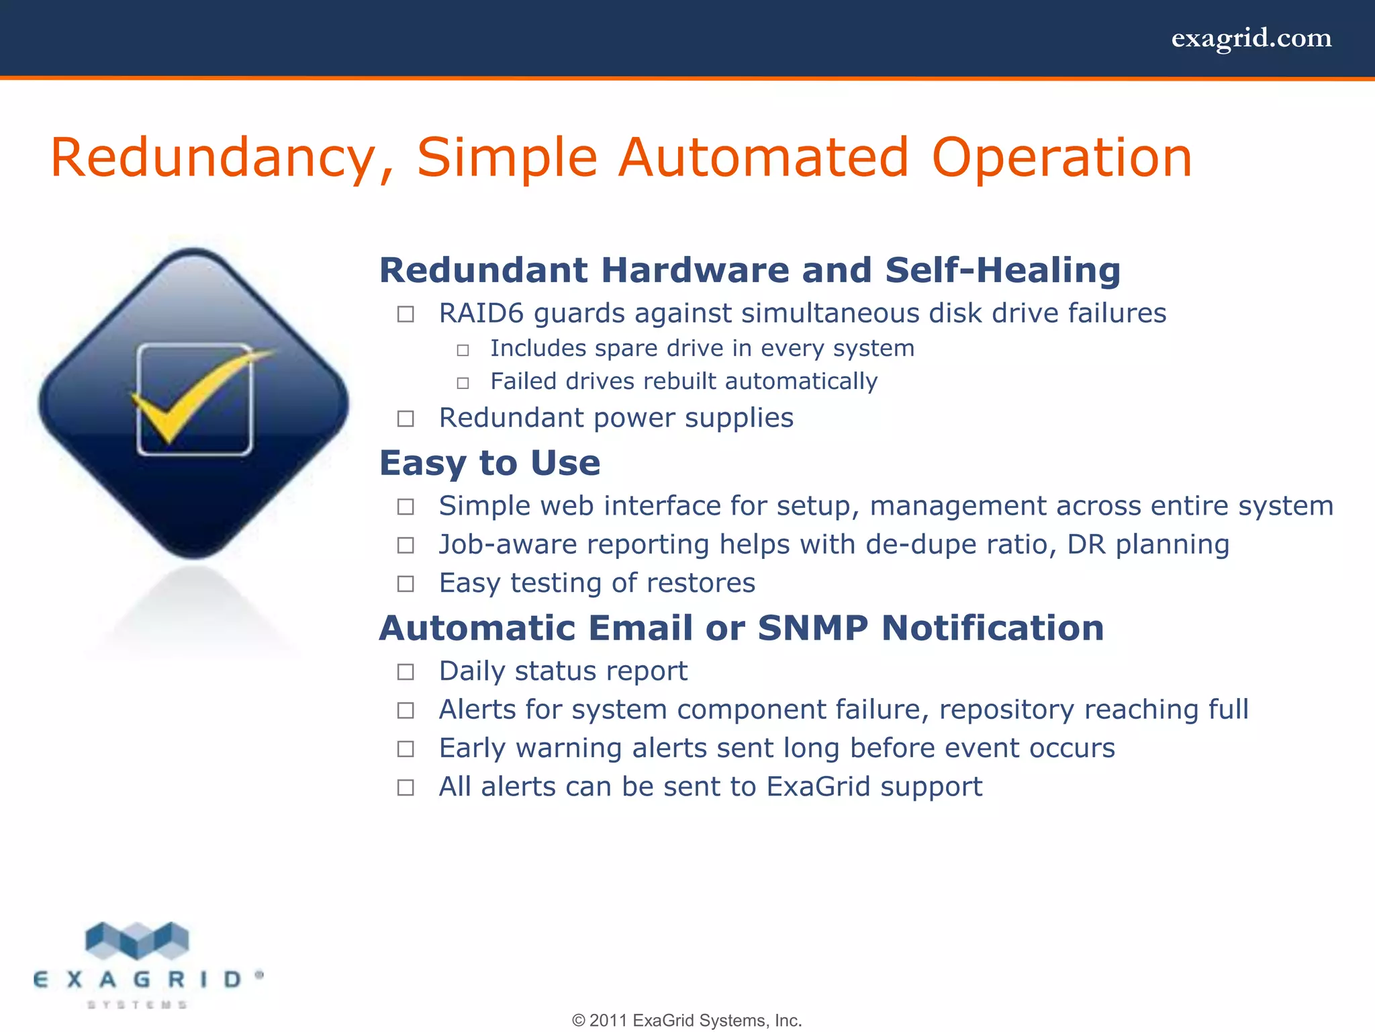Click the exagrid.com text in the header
(x=1251, y=38)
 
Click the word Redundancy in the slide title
(x=214, y=159)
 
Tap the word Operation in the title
(x=1061, y=159)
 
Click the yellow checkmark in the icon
(x=195, y=396)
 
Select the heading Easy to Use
(x=489, y=463)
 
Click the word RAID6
(x=481, y=314)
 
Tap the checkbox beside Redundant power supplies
(x=406, y=419)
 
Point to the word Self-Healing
(x=1002, y=270)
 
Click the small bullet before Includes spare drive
(x=463, y=351)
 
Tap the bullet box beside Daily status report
(x=406, y=672)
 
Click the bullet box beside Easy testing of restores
(x=406, y=584)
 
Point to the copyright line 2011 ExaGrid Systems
(x=687, y=1021)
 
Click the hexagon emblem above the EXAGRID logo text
(x=138, y=940)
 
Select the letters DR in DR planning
(x=1086, y=545)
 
